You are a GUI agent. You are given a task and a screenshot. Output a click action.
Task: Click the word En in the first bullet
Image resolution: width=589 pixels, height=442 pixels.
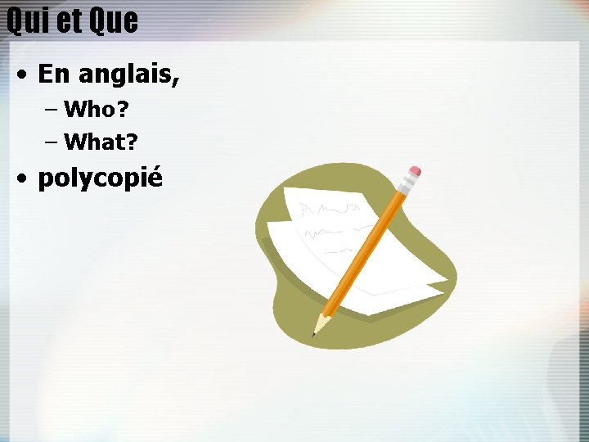point(55,74)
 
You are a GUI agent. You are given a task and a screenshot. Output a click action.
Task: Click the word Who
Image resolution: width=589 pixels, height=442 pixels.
point(90,108)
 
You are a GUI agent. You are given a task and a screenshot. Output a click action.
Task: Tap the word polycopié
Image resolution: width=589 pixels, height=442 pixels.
point(101,178)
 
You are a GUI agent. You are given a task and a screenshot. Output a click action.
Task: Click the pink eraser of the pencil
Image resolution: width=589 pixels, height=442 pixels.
point(414,173)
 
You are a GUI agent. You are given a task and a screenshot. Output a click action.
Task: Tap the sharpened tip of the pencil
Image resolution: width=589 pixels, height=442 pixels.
point(314,333)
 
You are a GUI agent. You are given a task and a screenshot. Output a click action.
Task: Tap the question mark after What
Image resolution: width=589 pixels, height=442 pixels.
point(133,142)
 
